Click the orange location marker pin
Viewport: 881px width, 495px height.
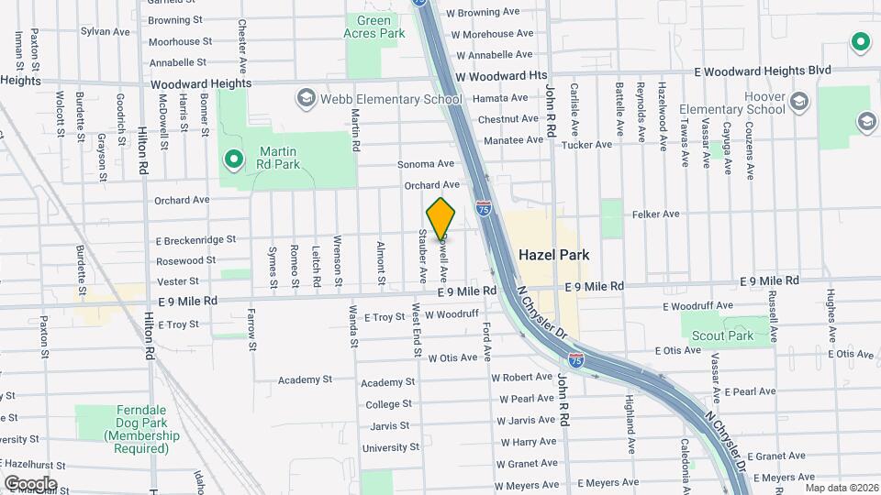point(441,218)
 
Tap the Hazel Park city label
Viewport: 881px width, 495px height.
point(553,254)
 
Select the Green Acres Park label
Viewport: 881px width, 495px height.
point(374,26)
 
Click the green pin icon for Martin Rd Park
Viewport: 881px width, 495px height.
point(234,160)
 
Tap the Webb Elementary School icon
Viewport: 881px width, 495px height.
point(306,99)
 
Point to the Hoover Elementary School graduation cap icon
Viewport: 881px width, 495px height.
point(798,101)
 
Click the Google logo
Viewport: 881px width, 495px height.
point(30,483)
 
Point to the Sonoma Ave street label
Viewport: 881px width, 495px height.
point(426,164)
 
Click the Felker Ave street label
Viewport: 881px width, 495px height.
point(655,214)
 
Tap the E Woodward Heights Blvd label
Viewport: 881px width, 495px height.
point(762,71)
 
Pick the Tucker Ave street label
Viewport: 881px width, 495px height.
point(585,144)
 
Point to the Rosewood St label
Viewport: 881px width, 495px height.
point(185,260)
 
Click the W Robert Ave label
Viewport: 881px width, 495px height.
point(521,377)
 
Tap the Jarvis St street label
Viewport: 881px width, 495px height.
point(390,425)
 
